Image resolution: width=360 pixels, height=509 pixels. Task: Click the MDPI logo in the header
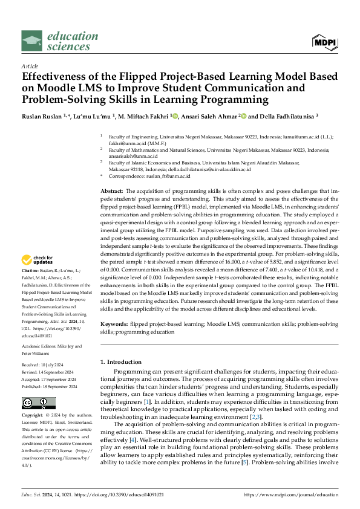pos(326,41)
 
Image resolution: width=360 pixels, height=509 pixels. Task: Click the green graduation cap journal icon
pos(32,41)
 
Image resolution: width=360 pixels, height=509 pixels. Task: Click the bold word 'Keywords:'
pos(115,324)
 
